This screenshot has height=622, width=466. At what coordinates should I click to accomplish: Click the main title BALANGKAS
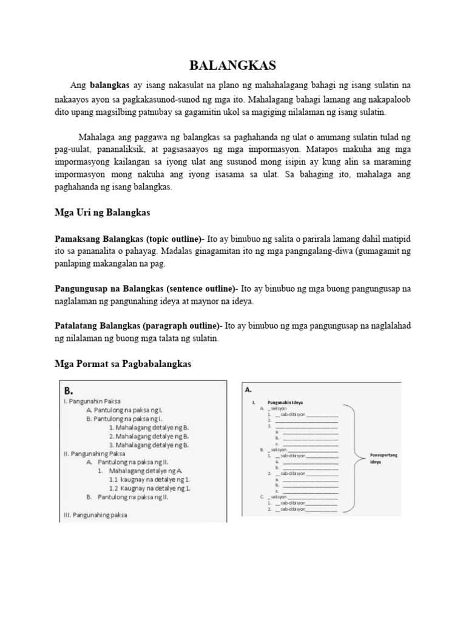pos(232,65)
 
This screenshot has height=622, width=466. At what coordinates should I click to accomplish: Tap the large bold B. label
pos(69,389)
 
